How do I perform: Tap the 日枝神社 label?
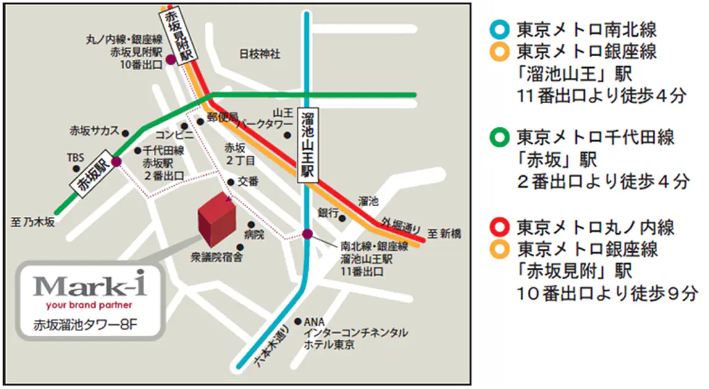click(x=259, y=54)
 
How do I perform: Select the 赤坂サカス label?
click(x=94, y=132)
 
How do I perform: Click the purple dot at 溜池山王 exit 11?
click(x=307, y=233)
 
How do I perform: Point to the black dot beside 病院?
click(x=251, y=225)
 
